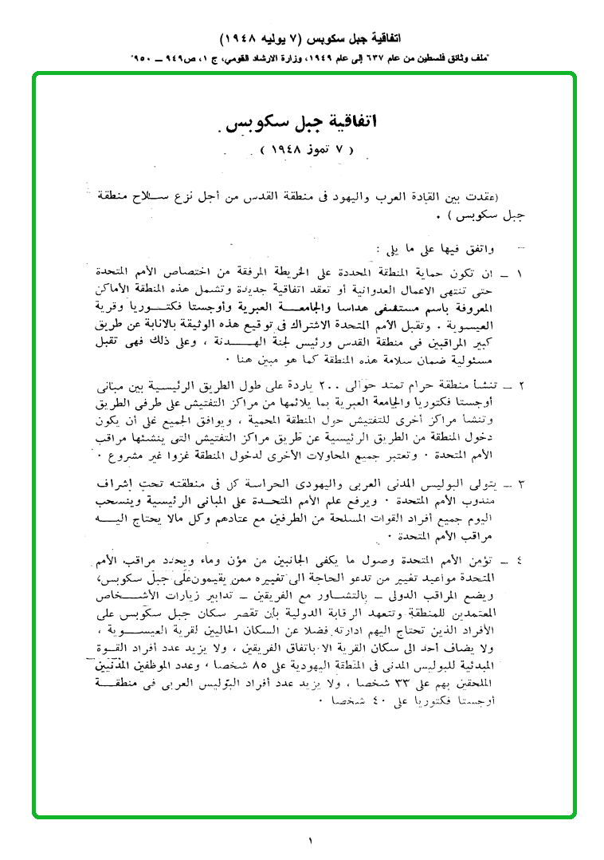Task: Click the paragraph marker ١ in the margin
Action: (x=520, y=274)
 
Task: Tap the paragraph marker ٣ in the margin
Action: (x=520, y=484)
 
